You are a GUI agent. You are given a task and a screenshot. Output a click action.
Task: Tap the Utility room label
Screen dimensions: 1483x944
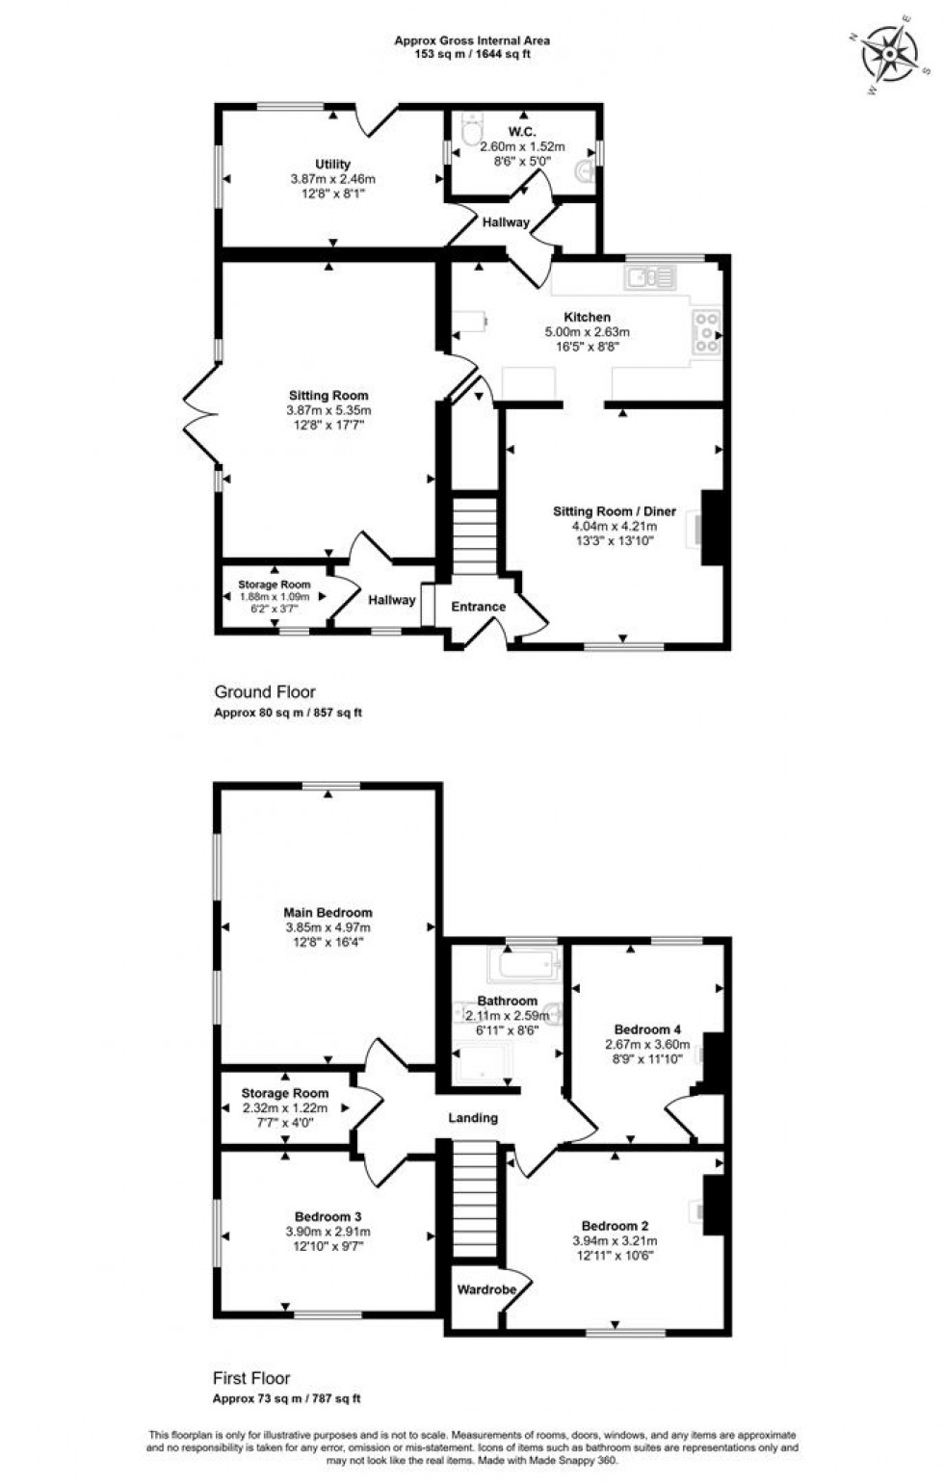332,165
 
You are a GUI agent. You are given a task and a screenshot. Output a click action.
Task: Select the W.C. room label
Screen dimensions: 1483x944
522,132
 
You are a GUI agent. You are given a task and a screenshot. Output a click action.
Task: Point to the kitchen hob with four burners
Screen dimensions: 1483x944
706,331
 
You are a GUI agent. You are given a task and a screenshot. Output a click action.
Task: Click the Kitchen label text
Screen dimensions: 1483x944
587,317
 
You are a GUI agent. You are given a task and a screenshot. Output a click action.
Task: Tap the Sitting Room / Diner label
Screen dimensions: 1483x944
614,511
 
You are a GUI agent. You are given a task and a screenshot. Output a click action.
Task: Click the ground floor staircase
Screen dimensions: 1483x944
474,535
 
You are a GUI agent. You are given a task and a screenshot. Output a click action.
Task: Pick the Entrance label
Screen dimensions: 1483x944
479,607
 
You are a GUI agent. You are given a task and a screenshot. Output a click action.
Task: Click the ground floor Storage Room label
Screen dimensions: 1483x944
275,585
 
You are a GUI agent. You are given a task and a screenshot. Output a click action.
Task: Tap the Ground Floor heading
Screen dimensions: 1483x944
265,691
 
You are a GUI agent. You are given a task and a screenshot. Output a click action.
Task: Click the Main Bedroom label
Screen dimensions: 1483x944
328,912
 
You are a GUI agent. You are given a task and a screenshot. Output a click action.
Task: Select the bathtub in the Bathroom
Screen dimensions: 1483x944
524,964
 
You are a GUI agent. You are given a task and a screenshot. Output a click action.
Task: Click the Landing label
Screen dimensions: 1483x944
473,1118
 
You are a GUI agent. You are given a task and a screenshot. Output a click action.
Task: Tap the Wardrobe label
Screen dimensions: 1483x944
486,1289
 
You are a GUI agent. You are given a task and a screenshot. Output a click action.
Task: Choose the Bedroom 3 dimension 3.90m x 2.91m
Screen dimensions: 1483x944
328,1232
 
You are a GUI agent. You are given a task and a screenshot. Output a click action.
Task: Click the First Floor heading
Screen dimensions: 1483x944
251,1378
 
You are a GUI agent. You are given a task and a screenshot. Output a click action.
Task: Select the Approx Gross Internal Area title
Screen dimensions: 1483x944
472,40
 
